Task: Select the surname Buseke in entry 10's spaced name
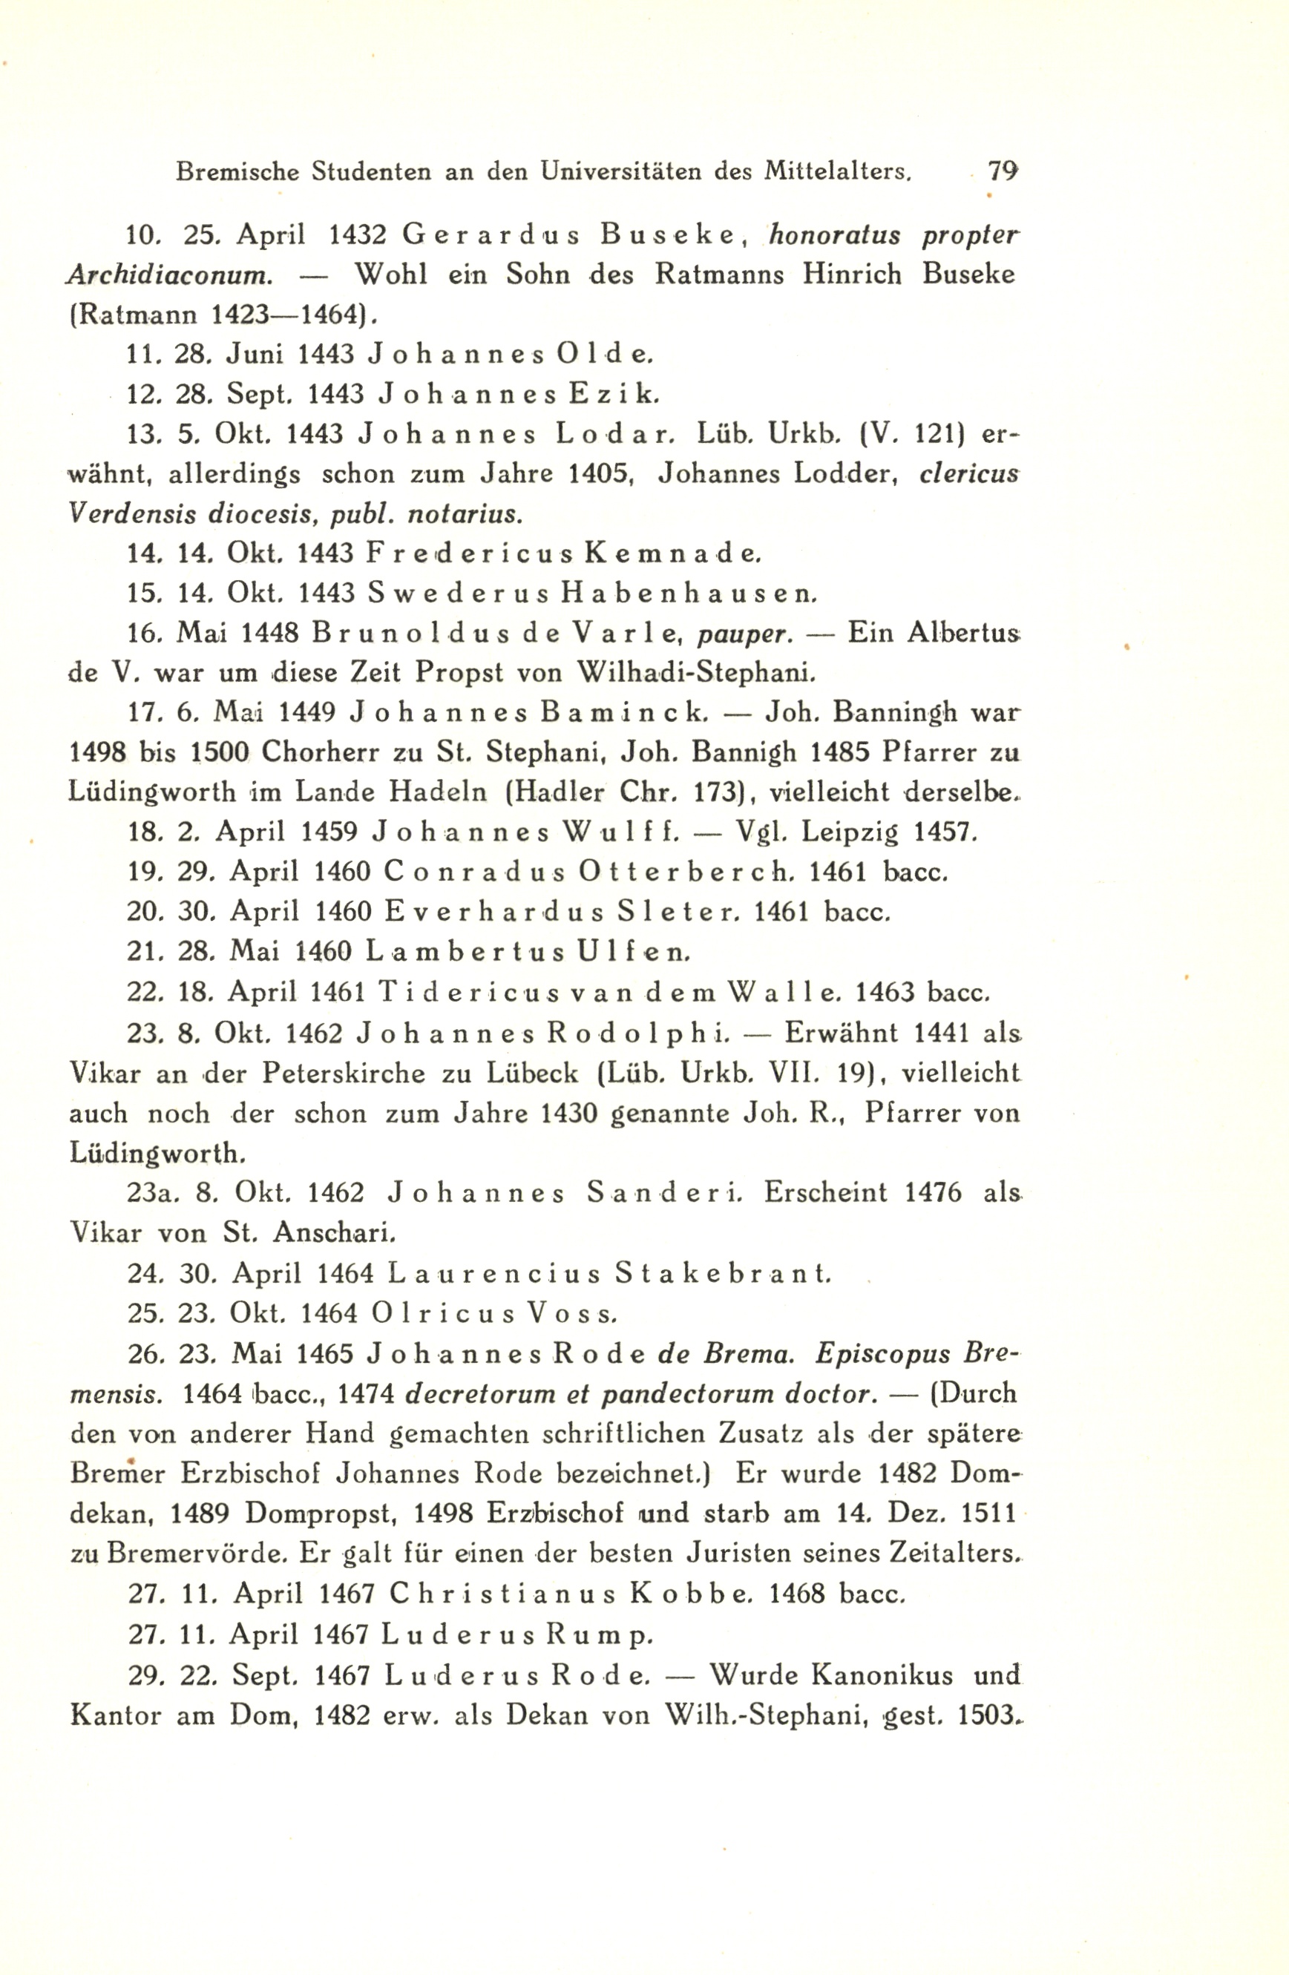[x=669, y=236]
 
